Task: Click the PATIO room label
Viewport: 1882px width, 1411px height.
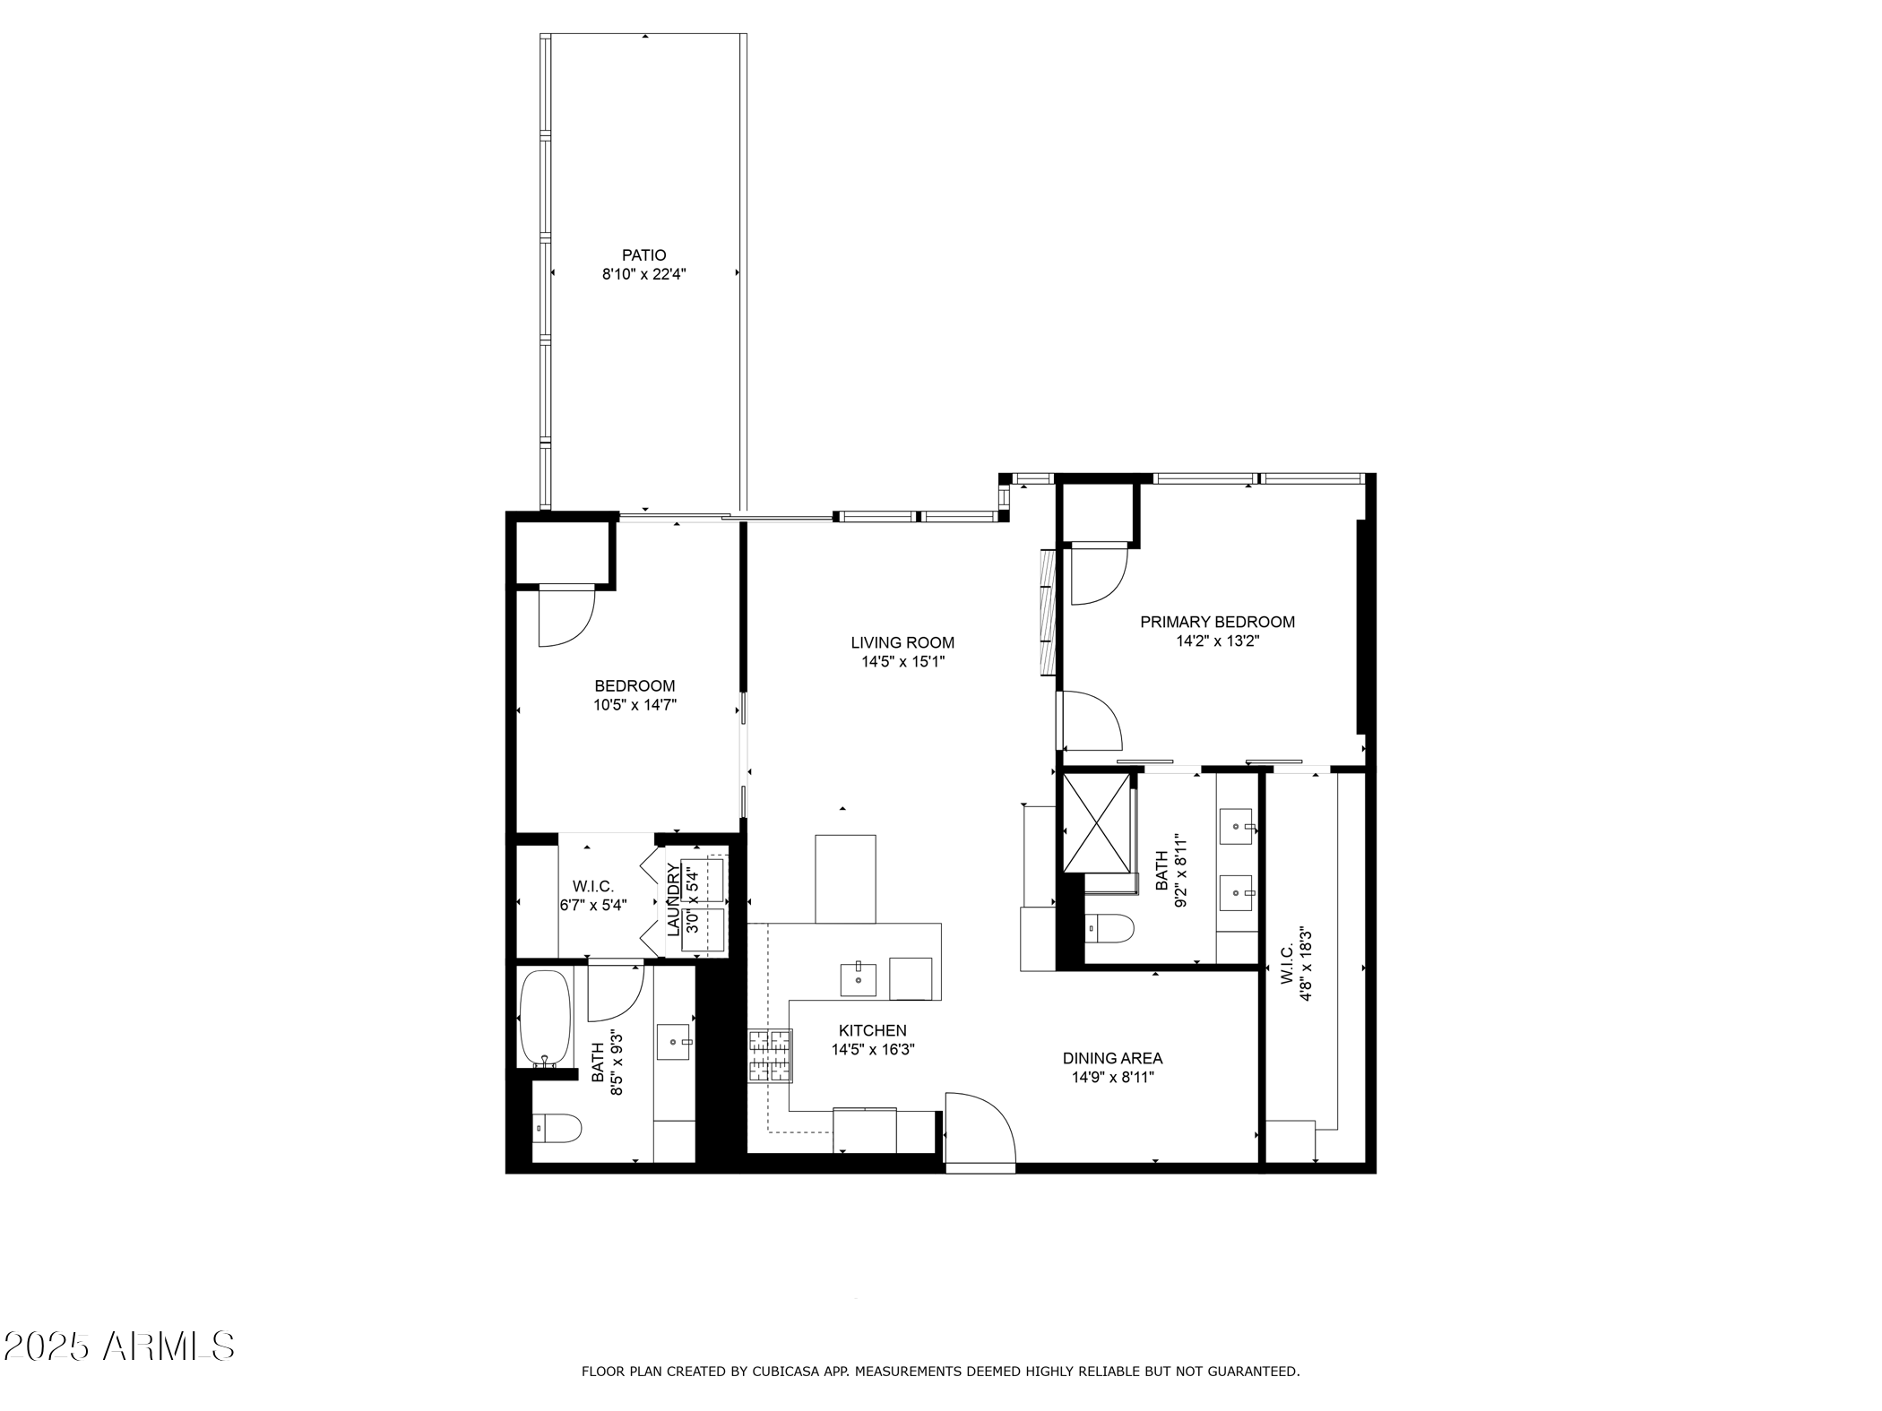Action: click(643, 255)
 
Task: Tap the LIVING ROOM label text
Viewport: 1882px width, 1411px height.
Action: click(902, 642)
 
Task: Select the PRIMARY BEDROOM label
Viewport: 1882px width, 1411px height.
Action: click(1216, 622)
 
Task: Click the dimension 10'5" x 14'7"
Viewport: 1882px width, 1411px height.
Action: click(634, 705)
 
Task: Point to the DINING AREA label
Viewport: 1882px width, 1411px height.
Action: click(1112, 1058)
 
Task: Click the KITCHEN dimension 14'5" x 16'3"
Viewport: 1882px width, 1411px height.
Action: click(872, 1050)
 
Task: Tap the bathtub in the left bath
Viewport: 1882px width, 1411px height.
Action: click(545, 1018)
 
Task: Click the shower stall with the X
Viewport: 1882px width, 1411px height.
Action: click(1095, 823)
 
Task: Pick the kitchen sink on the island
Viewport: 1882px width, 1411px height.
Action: click(858, 979)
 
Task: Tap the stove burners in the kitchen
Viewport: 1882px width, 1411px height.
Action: click(771, 1055)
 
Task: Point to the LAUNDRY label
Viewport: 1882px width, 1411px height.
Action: click(673, 899)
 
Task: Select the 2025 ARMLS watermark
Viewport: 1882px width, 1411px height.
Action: click(118, 1346)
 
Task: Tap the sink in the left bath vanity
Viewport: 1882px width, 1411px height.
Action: click(674, 1042)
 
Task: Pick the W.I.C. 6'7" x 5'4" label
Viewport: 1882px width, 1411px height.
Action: click(592, 896)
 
